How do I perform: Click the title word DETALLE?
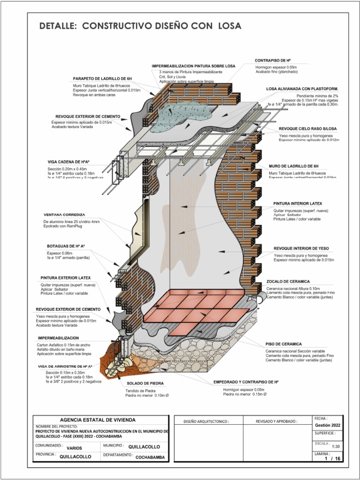tap(58, 26)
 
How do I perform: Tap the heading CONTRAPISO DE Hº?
tap(273, 61)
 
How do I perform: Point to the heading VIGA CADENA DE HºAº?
tap(68, 162)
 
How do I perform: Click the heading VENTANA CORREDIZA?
tap(64, 215)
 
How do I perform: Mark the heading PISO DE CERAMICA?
tap(284, 344)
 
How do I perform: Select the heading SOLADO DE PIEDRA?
tap(145, 383)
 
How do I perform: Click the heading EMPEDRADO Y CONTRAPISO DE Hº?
tap(246, 382)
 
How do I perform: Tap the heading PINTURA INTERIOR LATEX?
tap(298, 204)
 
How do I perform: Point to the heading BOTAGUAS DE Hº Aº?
tap(66, 246)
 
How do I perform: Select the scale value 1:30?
tap(336, 447)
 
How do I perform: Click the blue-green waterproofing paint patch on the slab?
tap(185, 112)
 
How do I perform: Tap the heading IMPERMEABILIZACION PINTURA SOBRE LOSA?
tap(194, 66)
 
